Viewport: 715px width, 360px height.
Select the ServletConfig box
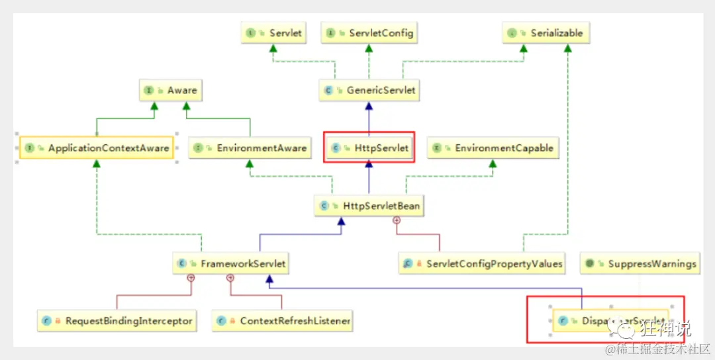(370, 33)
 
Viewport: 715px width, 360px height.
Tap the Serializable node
(546, 33)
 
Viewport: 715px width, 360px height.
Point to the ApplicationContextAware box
(97, 148)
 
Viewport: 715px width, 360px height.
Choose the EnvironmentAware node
(250, 148)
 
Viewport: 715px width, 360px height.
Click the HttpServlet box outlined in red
(369, 148)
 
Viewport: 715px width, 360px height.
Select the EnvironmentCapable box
(492, 148)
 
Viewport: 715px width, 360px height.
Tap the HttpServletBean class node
(369, 206)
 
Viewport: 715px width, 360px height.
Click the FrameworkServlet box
(231, 263)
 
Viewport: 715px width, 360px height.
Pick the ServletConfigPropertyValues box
(483, 263)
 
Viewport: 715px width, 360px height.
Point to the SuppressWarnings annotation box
(640, 263)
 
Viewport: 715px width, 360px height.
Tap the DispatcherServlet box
(610, 322)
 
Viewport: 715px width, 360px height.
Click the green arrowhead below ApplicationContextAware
(97, 163)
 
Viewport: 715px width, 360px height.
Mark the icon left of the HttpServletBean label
(324, 206)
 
